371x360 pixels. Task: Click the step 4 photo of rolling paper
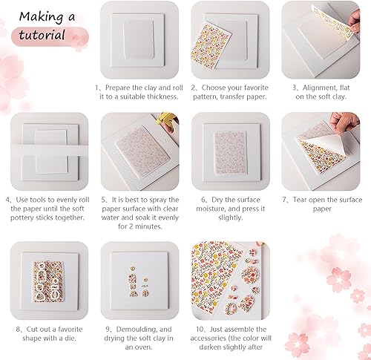tap(45, 148)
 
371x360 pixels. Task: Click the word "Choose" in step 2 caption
tap(215, 86)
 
